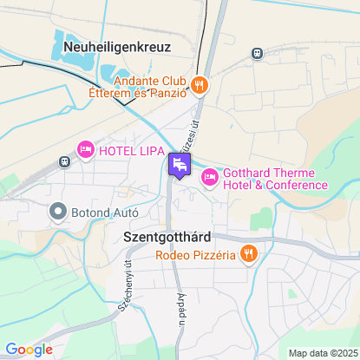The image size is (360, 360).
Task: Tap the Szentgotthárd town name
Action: point(162,236)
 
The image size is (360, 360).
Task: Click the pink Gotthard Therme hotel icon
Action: point(209,178)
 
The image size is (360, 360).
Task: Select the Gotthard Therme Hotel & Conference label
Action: point(275,178)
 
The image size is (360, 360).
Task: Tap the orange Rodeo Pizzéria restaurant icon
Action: point(249,254)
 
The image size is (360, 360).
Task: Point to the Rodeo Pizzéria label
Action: point(196,255)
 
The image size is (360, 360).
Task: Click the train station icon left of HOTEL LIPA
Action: point(63,161)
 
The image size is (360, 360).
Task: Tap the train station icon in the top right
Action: point(257,53)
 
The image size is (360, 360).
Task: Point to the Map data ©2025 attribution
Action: point(322,353)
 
